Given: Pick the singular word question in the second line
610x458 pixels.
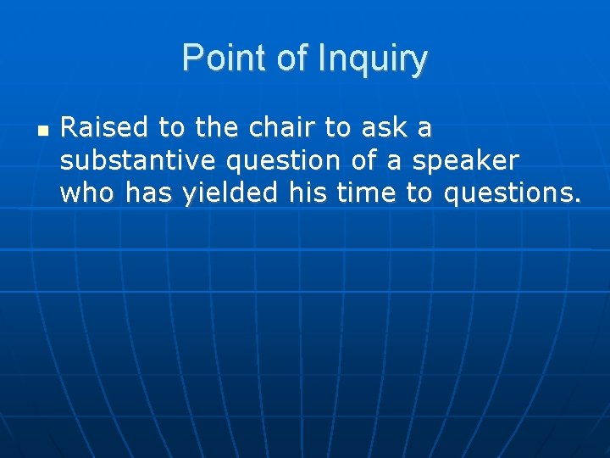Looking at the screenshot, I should (x=275, y=160).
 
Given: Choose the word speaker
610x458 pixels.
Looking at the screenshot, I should (x=465, y=160).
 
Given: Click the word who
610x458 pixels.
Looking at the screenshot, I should (x=88, y=193).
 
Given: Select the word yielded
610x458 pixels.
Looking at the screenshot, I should (x=229, y=193).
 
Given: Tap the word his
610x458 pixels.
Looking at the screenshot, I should (x=306, y=193).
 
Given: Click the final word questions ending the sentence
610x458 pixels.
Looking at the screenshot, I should (x=513, y=193).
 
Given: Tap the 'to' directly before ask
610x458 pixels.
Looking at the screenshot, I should (x=337, y=128).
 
